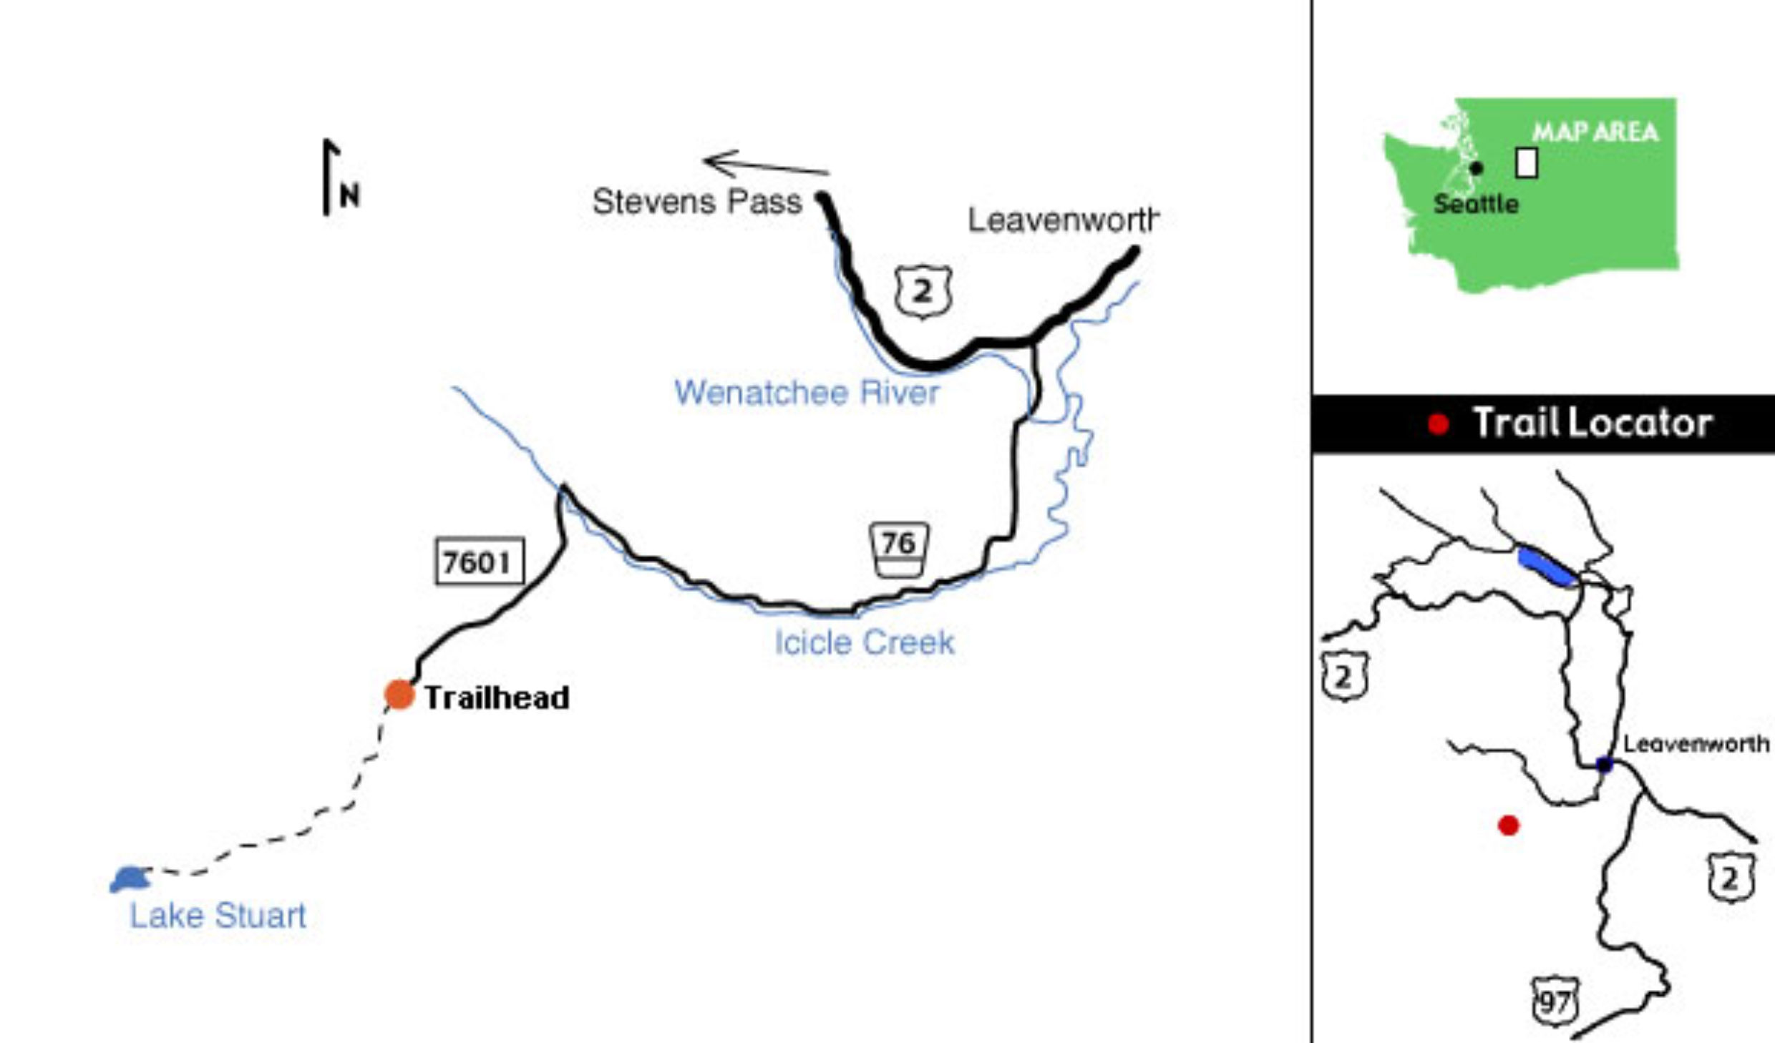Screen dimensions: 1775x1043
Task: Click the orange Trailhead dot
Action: click(399, 694)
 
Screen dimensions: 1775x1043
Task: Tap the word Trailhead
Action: click(497, 697)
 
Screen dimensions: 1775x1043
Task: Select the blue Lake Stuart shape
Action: click(130, 879)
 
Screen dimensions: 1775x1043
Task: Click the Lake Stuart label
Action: click(218, 916)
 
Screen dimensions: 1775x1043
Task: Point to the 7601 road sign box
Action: click(480, 562)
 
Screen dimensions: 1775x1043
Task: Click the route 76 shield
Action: click(899, 549)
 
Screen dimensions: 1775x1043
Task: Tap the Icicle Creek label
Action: click(865, 642)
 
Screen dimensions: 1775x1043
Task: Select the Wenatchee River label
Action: click(807, 392)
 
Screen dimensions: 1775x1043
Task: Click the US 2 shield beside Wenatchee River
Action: click(923, 291)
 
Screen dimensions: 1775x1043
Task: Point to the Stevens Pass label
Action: click(697, 202)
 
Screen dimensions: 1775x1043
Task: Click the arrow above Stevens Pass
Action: click(766, 164)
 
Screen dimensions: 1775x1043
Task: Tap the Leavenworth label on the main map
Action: click(1063, 220)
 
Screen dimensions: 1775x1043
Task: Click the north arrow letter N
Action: click(349, 195)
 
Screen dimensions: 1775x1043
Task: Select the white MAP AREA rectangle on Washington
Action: click(1527, 162)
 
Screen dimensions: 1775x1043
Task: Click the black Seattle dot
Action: click(1477, 169)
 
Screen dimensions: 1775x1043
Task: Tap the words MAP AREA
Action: click(1595, 132)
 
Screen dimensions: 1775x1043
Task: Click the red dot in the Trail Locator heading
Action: click(1439, 424)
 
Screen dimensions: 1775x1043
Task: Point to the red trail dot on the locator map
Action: click(1509, 826)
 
